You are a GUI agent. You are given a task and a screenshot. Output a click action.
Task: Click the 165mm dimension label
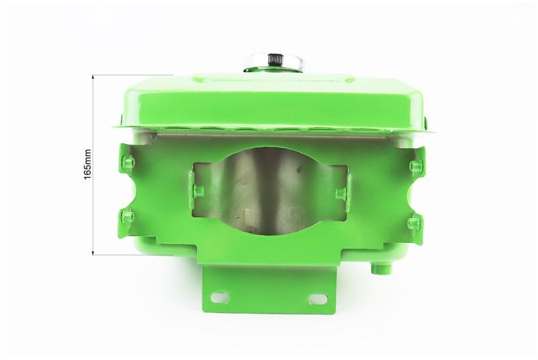point(88,164)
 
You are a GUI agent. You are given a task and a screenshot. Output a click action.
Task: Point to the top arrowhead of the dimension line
point(93,77)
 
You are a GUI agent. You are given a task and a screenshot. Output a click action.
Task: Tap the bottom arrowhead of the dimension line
point(93,252)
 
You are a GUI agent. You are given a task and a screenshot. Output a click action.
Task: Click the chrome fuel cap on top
point(274,62)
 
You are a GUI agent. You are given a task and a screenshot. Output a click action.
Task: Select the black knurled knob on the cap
point(274,60)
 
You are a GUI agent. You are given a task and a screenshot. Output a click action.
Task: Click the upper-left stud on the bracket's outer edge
point(128,160)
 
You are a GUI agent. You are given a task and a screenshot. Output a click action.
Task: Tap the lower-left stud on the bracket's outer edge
point(128,215)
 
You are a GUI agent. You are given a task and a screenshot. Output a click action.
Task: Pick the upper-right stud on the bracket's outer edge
point(416,166)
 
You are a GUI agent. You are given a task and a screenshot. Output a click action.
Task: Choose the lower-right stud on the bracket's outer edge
point(414,221)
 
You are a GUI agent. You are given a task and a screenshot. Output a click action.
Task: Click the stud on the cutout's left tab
point(198,190)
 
